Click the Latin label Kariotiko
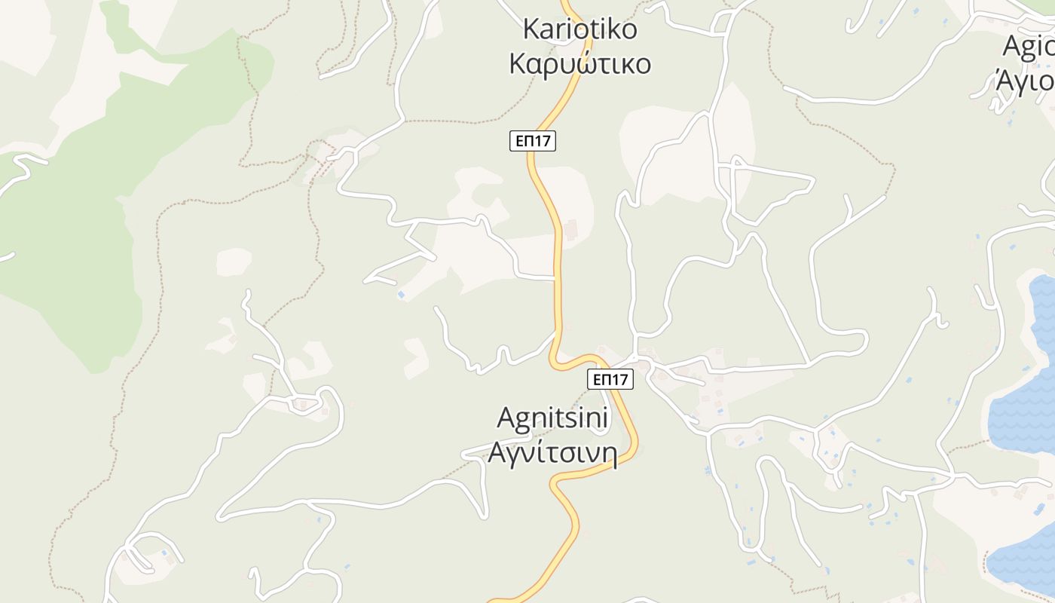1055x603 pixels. pyautogui.click(x=580, y=29)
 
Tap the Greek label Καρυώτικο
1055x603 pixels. pyautogui.click(x=580, y=63)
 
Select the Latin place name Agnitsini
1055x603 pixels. pyautogui.click(x=554, y=419)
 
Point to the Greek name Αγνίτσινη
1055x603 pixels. pyautogui.click(x=552, y=453)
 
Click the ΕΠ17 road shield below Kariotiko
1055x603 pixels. pyautogui.click(x=533, y=141)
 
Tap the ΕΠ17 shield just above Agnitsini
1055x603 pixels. pyautogui.click(x=610, y=379)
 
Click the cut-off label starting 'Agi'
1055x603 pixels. pyautogui.click(x=1029, y=47)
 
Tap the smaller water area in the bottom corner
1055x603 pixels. pyautogui.click(x=1025, y=558)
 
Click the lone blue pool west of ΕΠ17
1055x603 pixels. pyautogui.click(x=401, y=294)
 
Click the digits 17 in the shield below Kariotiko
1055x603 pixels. pyautogui.click(x=544, y=141)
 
